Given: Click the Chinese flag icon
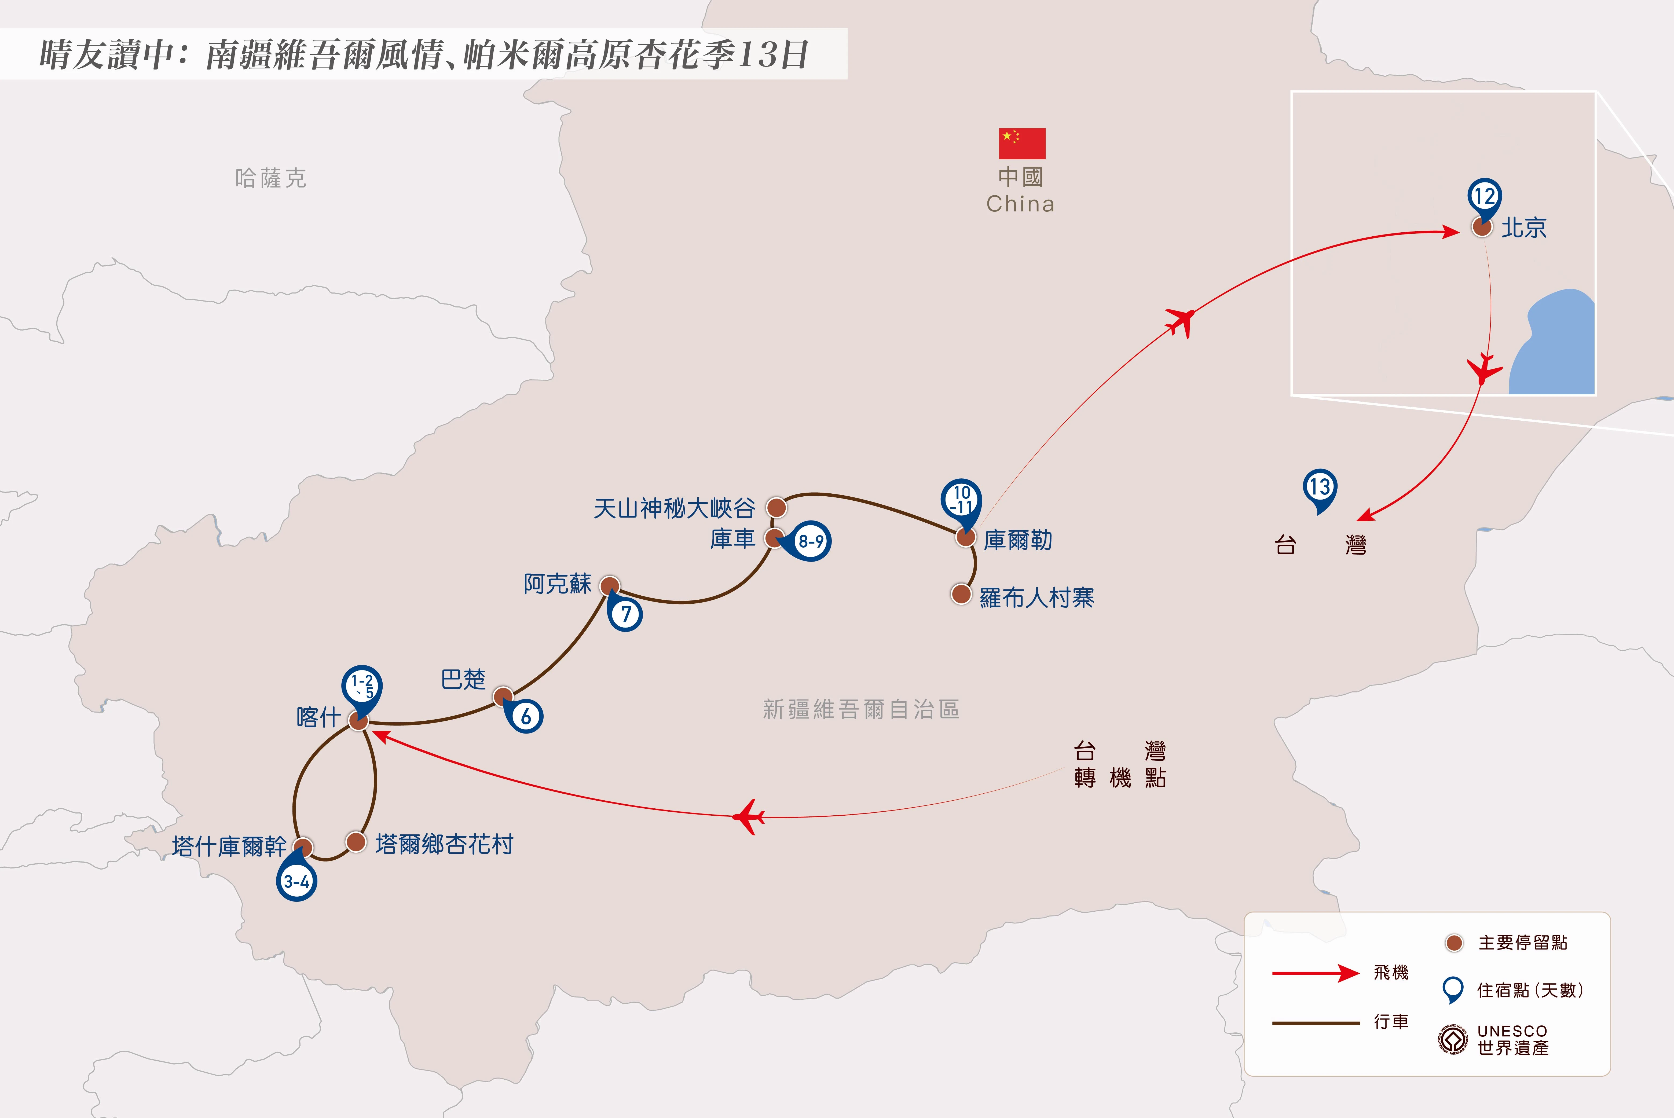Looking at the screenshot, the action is click(x=1022, y=143).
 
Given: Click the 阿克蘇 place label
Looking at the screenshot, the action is click(x=558, y=584).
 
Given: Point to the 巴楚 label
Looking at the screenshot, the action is click(x=463, y=680).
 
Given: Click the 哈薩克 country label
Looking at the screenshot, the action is click(x=271, y=178).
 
